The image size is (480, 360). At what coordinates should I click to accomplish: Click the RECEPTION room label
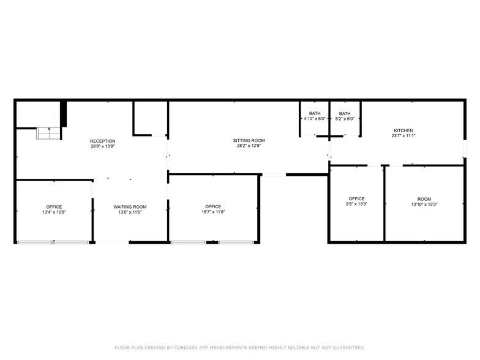coord(102,141)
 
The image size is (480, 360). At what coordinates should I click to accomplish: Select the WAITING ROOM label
coord(130,207)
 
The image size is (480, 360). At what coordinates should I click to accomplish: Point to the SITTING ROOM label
coord(249,141)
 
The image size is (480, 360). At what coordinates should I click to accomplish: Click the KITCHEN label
coord(403,130)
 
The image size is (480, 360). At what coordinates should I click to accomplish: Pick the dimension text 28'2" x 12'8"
coord(249,146)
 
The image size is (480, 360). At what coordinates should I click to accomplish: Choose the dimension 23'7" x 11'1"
coord(403,136)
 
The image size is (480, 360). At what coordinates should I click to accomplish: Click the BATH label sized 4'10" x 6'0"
coord(314,113)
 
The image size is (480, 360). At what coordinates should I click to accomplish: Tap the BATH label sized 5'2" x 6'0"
coord(345,113)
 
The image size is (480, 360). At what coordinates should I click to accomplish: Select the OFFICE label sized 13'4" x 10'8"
coord(54,207)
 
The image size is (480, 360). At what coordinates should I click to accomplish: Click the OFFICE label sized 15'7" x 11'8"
coord(213,207)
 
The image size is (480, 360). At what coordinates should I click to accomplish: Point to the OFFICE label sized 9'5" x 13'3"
coord(356,199)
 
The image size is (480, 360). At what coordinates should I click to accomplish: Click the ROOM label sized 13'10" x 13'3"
coord(424,199)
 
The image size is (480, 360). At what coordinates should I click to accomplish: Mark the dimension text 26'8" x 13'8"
coord(102,147)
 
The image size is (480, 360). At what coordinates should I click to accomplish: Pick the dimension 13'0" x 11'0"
coord(130,212)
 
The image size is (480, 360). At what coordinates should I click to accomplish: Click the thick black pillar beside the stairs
coord(63,114)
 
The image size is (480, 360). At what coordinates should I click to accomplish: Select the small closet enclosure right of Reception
coord(150,118)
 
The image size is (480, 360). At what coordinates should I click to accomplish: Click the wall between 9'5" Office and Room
coord(384,204)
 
